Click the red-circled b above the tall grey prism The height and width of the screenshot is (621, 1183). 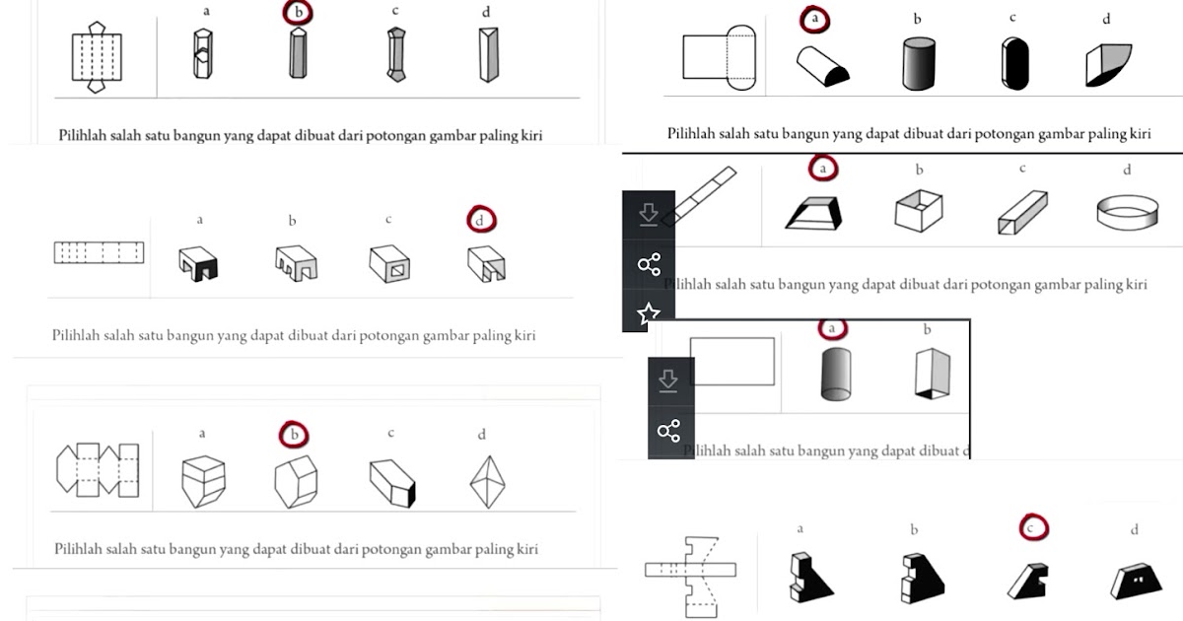(x=296, y=13)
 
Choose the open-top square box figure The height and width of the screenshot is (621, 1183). (x=918, y=210)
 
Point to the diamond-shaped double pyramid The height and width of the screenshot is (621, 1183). (x=483, y=482)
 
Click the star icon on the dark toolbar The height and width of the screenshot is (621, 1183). (x=649, y=314)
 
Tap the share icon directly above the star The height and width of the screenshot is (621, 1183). (x=649, y=264)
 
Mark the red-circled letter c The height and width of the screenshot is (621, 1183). (x=1033, y=528)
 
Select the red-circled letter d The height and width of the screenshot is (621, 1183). (x=479, y=221)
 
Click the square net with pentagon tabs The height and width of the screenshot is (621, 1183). (x=96, y=57)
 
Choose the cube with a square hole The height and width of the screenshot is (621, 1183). (x=389, y=264)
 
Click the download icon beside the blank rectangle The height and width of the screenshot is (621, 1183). (x=668, y=380)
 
